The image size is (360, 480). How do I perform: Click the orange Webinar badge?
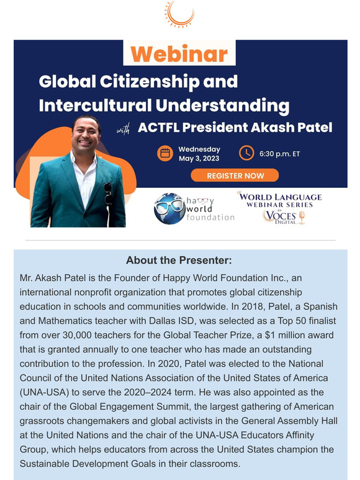click(x=179, y=54)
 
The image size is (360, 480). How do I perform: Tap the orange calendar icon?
click(x=165, y=153)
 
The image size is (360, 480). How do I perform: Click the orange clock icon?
click(x=246, y=153)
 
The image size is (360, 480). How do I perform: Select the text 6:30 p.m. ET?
click(x=280, y=153)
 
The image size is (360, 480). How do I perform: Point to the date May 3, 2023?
click(x=199, y=159)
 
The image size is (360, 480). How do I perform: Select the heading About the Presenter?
click(x=180, y=260)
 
